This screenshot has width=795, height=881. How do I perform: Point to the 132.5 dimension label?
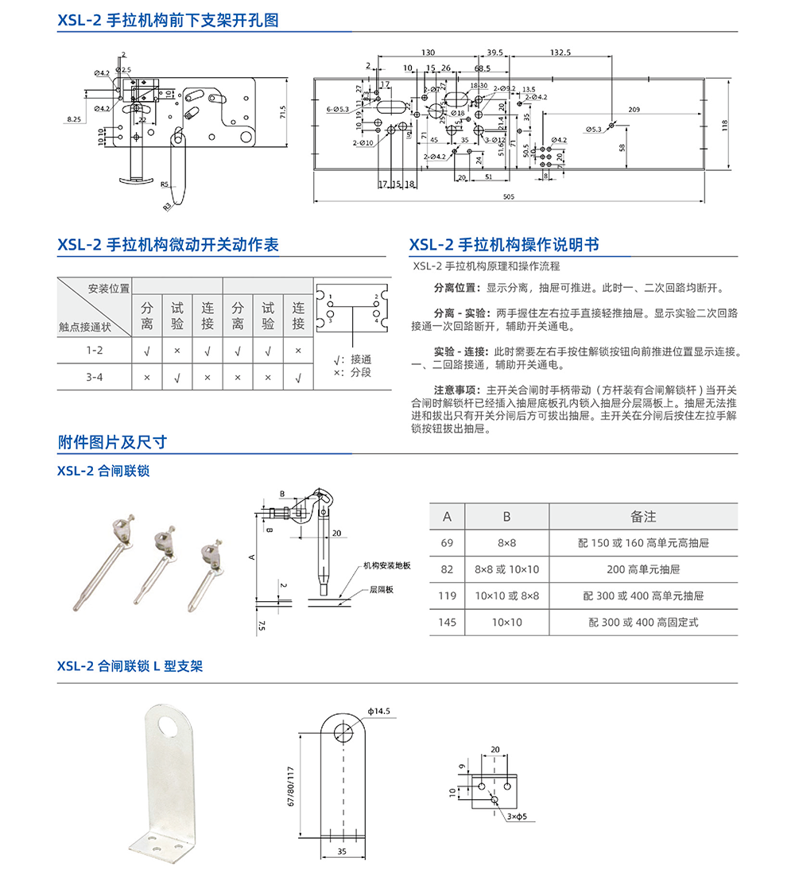(560, 52)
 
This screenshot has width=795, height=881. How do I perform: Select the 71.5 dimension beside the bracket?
(281, 113)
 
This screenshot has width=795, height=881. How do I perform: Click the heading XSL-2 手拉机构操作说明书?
(504, 245)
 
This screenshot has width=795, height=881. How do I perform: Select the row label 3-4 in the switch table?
(95, 377)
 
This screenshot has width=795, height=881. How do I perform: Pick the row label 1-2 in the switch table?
(95, 350)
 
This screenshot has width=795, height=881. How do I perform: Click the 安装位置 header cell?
(108, 288)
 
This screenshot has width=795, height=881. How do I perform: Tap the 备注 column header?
(642, 517)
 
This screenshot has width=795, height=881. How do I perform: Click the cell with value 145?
(447, 622)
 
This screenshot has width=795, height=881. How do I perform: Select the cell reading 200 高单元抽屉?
(643, 569)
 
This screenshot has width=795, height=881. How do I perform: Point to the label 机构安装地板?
(386, 565)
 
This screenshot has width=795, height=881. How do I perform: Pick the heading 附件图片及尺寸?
(112, 443)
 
